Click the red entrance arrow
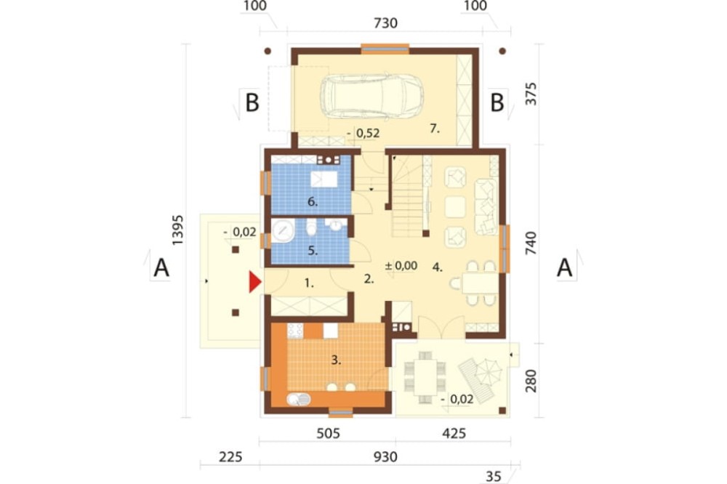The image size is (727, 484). pos(254,282)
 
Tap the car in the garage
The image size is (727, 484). pos(371,97)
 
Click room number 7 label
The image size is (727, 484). pos(435,129)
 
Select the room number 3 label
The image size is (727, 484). pos(336,360)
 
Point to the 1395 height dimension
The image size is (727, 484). pos(177,230)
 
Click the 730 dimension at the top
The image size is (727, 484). pos(385,23)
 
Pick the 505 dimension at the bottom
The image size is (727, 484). pos(329,433)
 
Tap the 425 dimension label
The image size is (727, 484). pos(454,433)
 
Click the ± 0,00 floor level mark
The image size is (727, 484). pos(401,266)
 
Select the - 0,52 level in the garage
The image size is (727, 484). pos(363,134)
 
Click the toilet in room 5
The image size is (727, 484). pos(312,227)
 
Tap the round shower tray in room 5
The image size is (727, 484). pos(283,230)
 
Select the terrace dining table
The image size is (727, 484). pos(425,377)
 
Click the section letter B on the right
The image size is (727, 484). pos(497,103)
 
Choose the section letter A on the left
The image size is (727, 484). pos(161,268)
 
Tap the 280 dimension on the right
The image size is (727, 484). pos(531,381)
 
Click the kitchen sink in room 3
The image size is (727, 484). pos(298,399)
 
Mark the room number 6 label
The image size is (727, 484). pos(313,202)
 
